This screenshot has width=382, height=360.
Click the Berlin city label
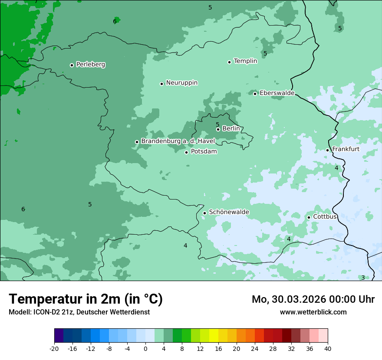pyautogui.click(x=231, y=129)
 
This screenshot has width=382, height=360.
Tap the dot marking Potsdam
pyautogui.click(x=187, y=152)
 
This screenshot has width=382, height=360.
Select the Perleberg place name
pyautogui.click(x=90, y=65)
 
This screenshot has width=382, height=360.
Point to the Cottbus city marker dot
pyautogui.click(x=309, y=217)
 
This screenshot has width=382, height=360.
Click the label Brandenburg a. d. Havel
pyautogui.click(x=178, y=141)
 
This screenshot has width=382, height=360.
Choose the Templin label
pyautogui.click(x=245, y=61)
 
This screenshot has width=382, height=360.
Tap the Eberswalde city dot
pyautogui.click(x=255, y=94)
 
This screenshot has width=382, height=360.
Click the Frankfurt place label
pyautogui.click(x=346, y=149)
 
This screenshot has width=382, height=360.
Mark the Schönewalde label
pyautogui.click(x=229, y=212)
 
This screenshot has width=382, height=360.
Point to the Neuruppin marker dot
pyautogui.click(x=161, y=84)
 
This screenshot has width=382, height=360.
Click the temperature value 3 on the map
pyautogui.click(x=363, y=278)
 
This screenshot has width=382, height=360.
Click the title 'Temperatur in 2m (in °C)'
pyautogui.click(x=86, y=299)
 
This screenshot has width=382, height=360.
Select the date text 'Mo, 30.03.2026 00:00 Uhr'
pyautogui.click(x=313, y=299)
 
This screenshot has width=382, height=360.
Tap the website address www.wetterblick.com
pyautogui.click(x=313, y=312)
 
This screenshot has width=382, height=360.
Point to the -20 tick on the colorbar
pyautogui.click(x=54, y=348)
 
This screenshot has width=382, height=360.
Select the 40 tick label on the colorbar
pyautogui.click(x=327, y=348)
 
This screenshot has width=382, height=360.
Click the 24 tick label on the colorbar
pyautogui.click(x=255, y=348)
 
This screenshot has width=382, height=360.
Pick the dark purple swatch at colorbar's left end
pyautogui.click(x=59, y=336)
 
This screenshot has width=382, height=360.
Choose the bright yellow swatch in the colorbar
pyautogui.click(x=214, y=336)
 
